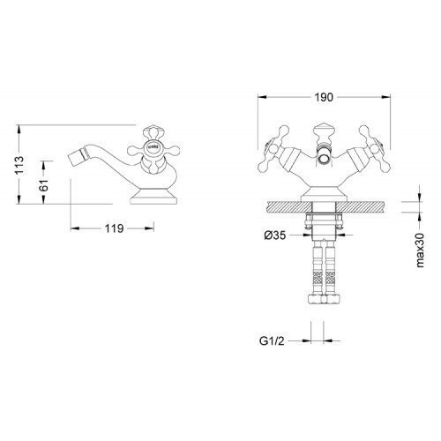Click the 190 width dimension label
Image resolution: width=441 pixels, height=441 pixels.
pyautogui.click(x=324, y=97)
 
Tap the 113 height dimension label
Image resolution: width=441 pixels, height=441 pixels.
pyautogui.click(x=20, y=165)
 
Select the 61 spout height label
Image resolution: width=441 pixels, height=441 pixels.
pyautogui.click(x=44, y=185)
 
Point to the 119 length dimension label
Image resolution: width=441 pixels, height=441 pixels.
pyautogui.click(x=115, y=228)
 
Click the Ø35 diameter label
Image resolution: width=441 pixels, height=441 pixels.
pyautogui.click(x=275, y=235)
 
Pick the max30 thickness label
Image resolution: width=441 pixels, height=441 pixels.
pyautogui.click(x=420, y=250)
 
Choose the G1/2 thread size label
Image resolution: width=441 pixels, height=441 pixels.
pyautogui.click(x=272, y=341)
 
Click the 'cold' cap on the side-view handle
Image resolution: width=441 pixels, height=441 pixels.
pyautogui.click(x=153, y=146)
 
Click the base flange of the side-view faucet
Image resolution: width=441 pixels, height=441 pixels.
pyautogui.click(x=153, y=197)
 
